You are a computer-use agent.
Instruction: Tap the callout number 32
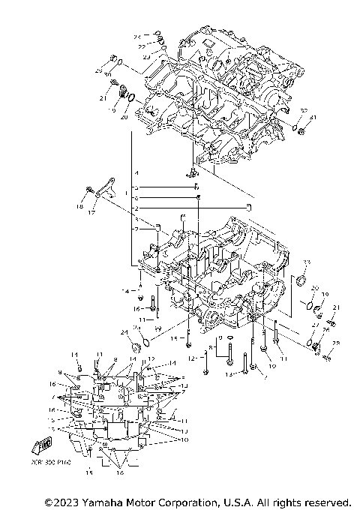[x=302, y=111]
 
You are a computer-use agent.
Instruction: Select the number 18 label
[x=79, y=205]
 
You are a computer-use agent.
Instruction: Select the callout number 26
[x=326, y=328]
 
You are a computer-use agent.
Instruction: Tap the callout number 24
[x=123, y=331]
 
